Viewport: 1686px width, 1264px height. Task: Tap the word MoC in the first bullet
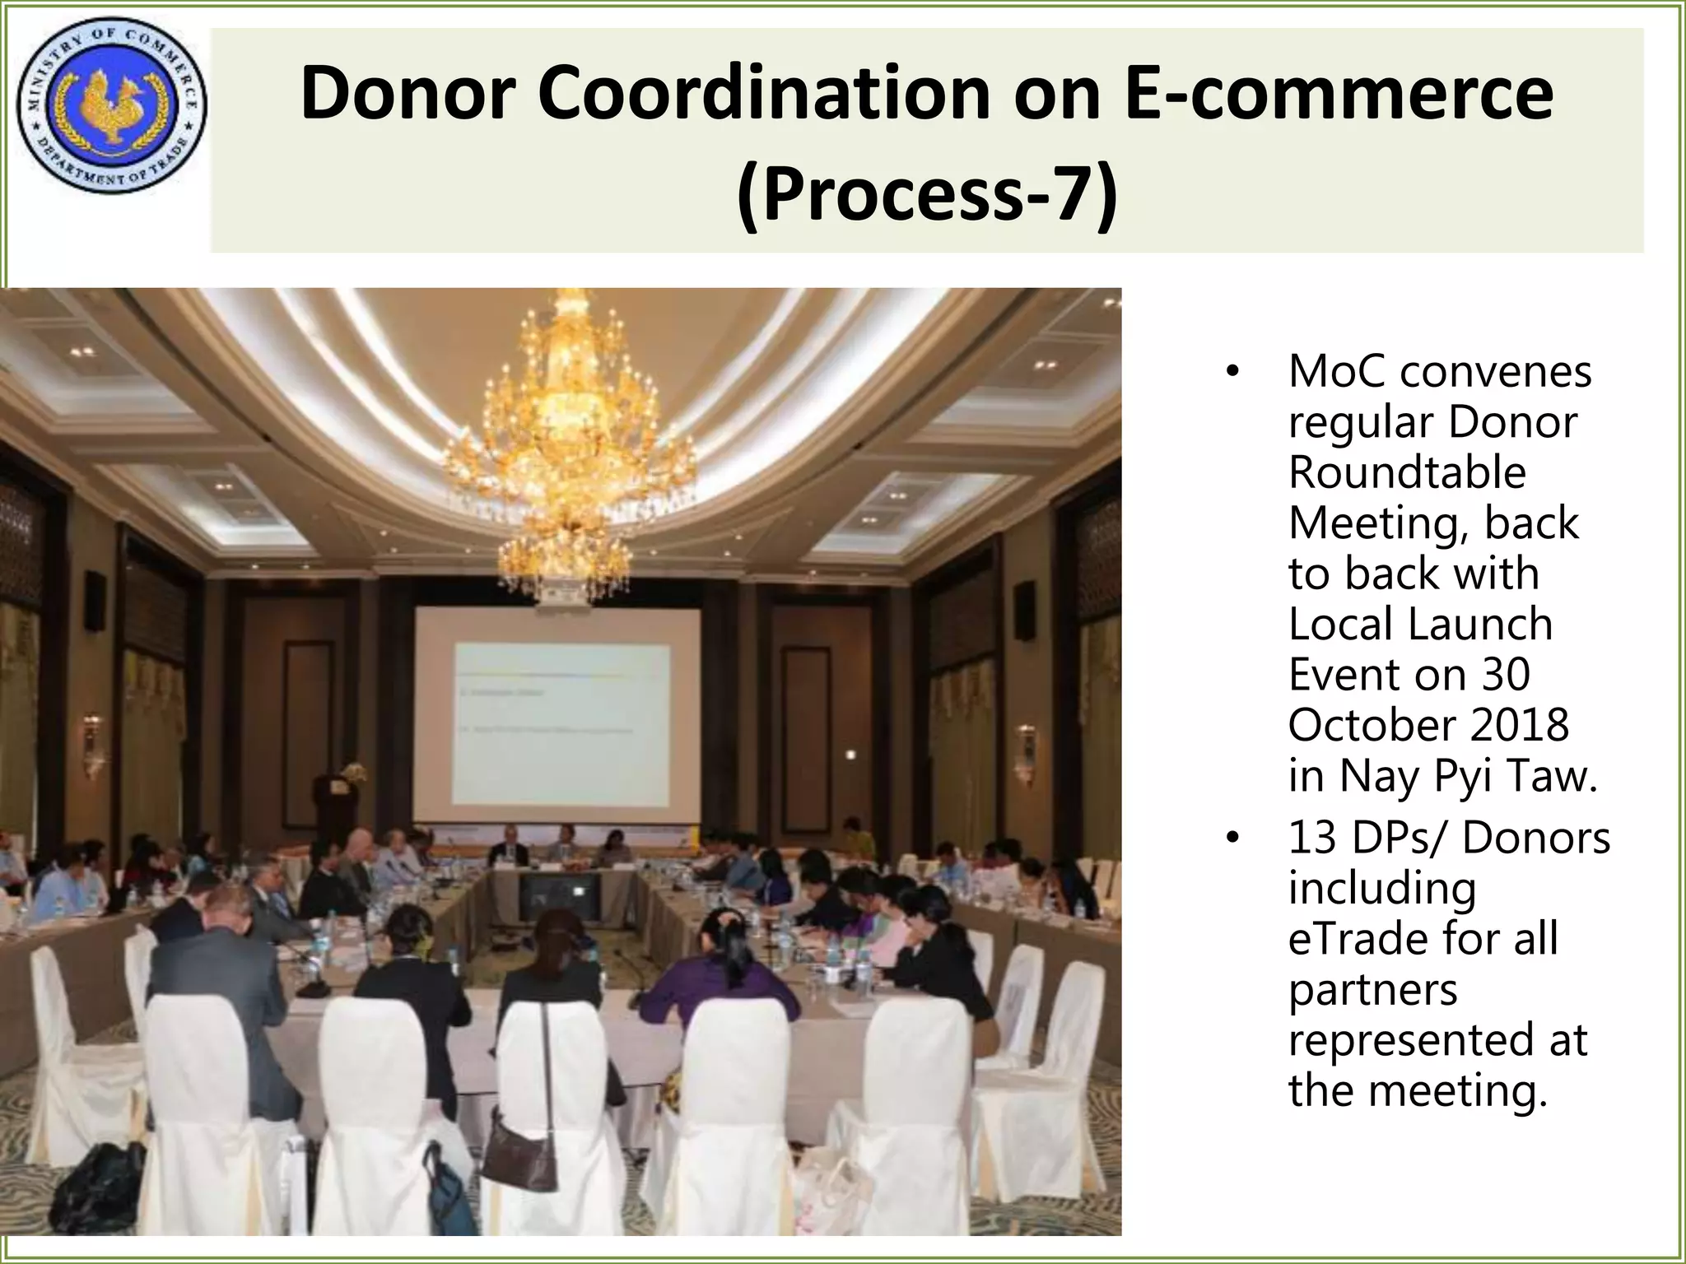[x=1337, y=372]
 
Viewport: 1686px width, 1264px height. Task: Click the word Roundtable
[x=1407, y=473]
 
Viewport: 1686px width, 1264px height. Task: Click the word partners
[x=1372, y=990]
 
